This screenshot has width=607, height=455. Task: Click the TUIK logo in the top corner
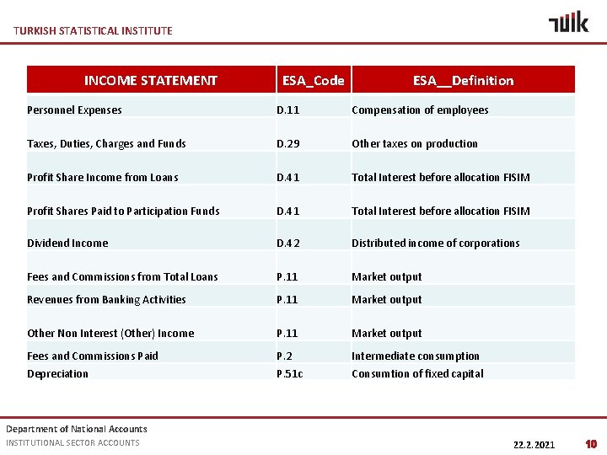(x=568, y=22)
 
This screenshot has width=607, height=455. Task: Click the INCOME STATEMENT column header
(x=150, y=81)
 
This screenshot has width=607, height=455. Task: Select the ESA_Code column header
(x=313, y=81)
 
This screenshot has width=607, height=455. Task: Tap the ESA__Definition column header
(x=463, y=81)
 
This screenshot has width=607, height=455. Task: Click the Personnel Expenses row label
(x=74, y=110)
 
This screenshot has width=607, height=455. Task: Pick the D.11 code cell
(x=288, y=110)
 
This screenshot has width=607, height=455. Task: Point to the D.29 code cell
(x=288, y=144)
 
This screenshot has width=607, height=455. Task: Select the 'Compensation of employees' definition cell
(x=420, y=110)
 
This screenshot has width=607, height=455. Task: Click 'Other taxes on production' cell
(x=414, y=144)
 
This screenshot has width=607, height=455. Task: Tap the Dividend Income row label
(x=67, y=244)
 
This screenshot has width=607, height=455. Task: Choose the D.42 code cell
(x=288, y=244)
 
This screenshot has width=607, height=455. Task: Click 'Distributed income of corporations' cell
(x=435, y=244)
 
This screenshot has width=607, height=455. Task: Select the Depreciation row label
(x=57, y=374)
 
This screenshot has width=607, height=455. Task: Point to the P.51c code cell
(x=291, y=374)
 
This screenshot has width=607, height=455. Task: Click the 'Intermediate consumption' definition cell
(x=415, y=356)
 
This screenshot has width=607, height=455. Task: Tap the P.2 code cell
(x=285, y=356)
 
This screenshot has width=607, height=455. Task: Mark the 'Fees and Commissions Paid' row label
(x=92, y=356)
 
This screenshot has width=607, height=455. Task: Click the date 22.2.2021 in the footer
(x=534, y=444)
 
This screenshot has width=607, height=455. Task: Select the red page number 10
(x=591, y=444)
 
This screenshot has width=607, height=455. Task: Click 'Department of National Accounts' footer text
(x=76, y=429)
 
